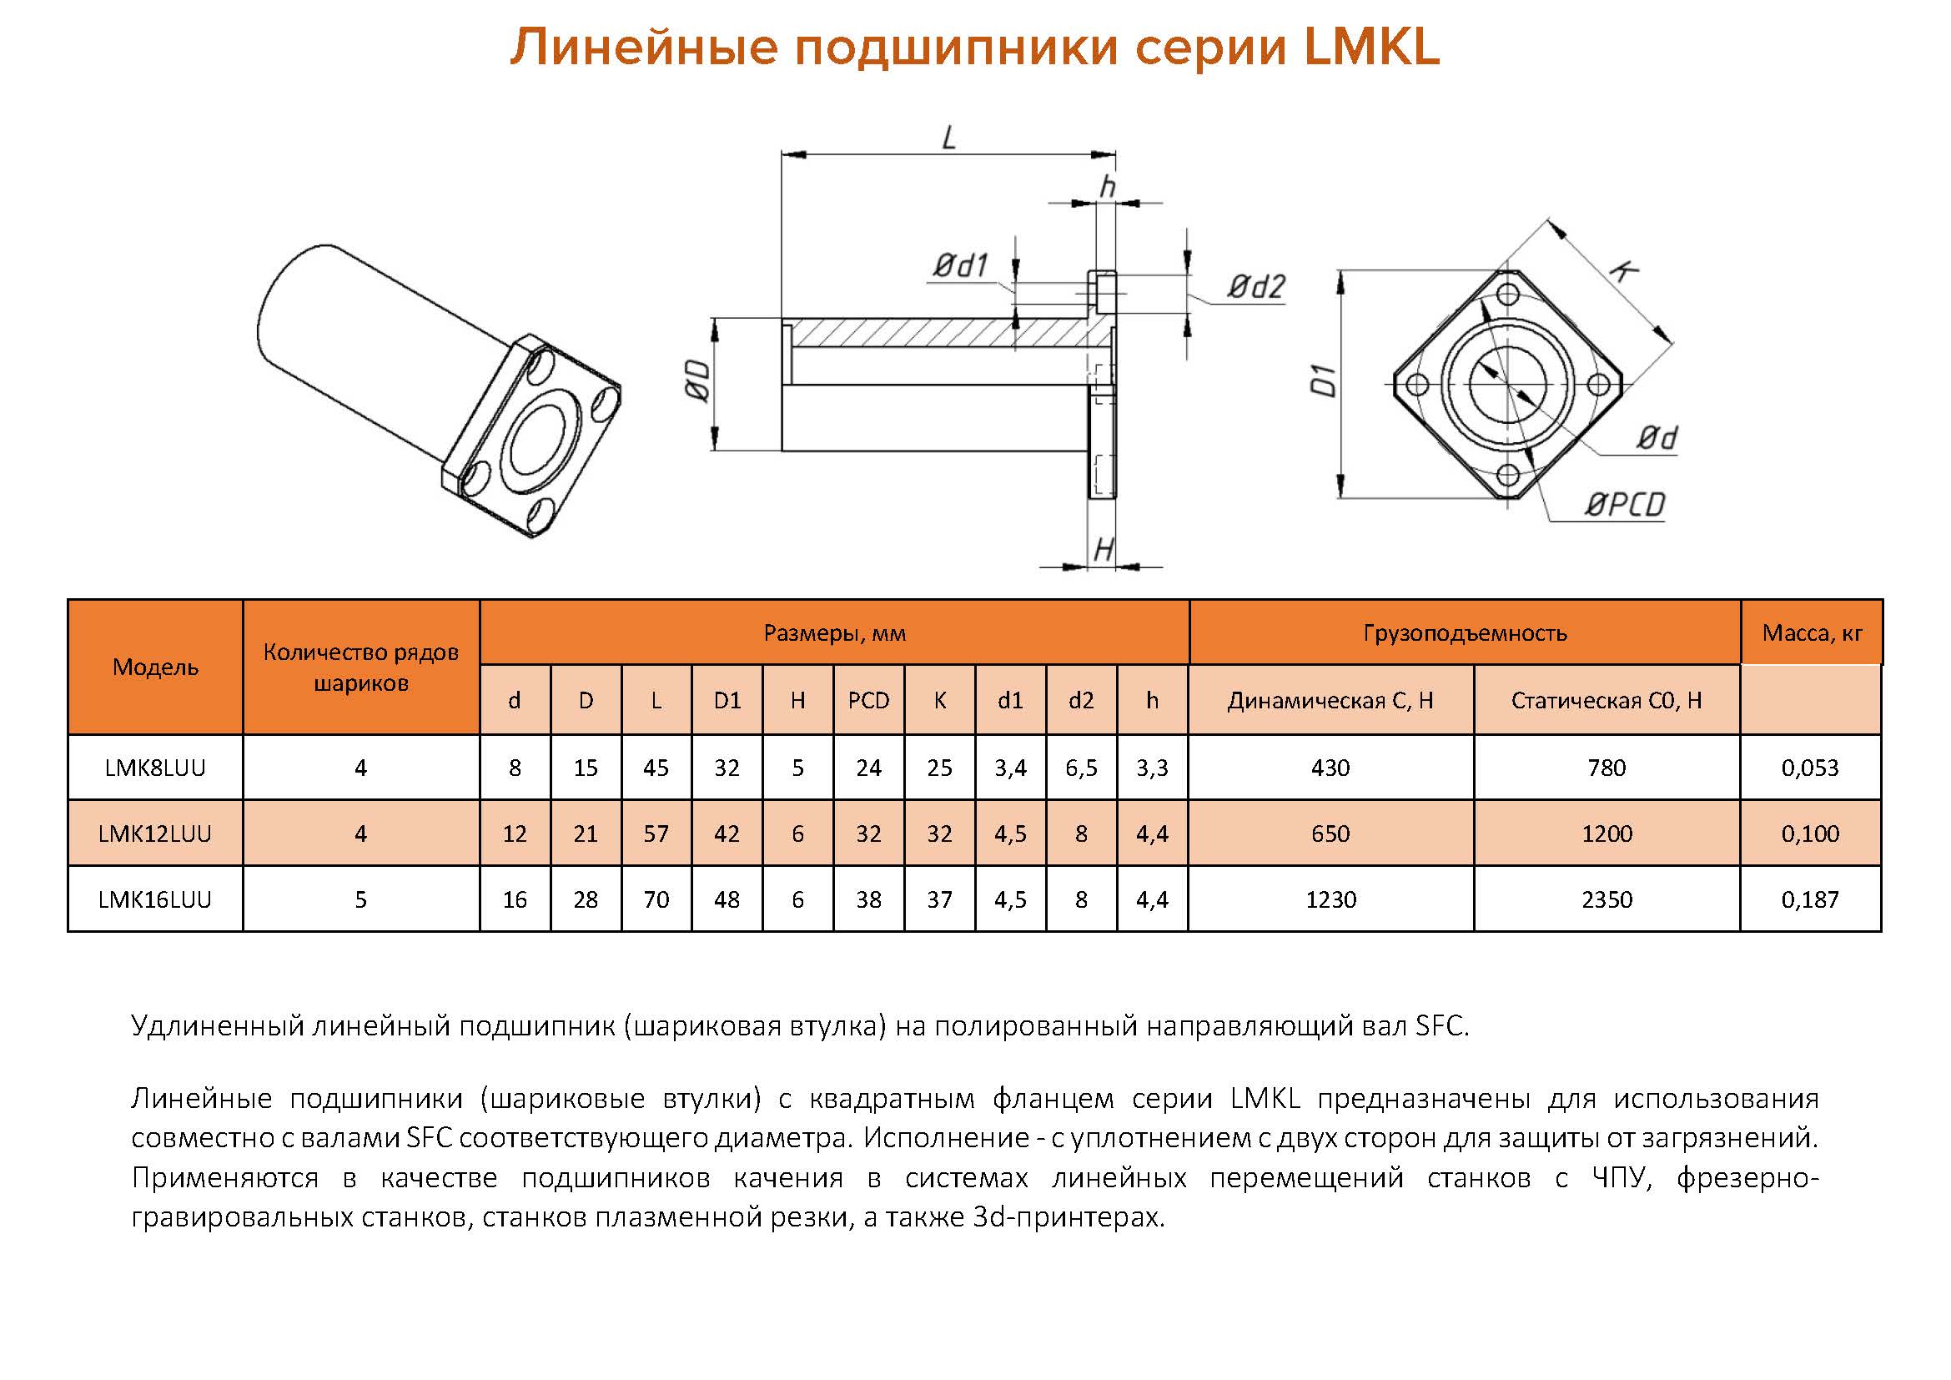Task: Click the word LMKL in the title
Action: point(1370,47)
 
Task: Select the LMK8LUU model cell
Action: point(154,768)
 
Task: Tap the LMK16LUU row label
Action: point(154,899)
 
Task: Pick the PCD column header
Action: point(868,700)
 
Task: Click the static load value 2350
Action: point(1606,899)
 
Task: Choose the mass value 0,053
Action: point(1810,768)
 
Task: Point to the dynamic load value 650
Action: point(1330,834)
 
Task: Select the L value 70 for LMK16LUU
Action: point(656,899)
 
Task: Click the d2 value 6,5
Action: point(1081,768)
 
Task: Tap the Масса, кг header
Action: point(1812,632)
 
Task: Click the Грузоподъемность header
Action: point(1465,632)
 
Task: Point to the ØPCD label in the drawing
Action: point(1624,505)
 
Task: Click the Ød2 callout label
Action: point(1256,287)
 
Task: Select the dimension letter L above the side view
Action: point(949,138)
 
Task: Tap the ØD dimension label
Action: point(696,380)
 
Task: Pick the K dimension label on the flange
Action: point(1623,271)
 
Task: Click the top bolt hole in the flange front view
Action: point(1507,295)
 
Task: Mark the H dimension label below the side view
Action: point(1103,550)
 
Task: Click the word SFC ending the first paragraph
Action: point(1440,1025)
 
